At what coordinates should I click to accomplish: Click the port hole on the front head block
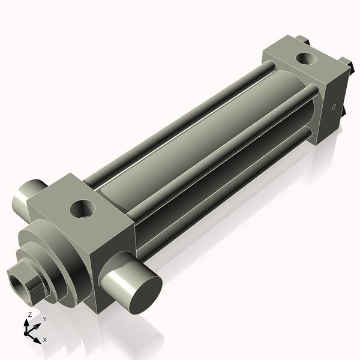coord(82,209)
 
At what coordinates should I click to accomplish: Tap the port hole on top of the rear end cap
coord(306,59)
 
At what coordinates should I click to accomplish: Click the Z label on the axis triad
coord(30,314)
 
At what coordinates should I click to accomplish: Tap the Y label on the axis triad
coord(44,319)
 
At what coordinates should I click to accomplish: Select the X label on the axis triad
coord(45,340)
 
